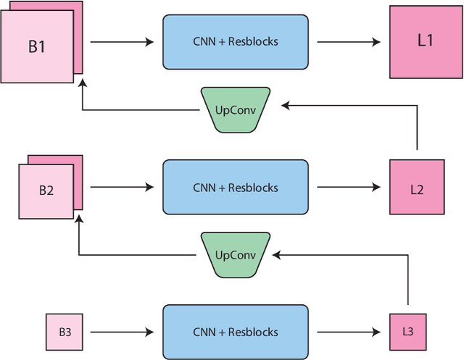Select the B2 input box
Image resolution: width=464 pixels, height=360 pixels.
tap(46, 191)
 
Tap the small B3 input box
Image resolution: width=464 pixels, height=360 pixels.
tap(65, 332)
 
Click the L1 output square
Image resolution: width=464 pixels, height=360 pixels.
tap(425, 41)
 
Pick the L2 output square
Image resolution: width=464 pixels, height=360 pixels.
tap(416, 188)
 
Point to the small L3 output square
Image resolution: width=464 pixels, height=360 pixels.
tap(407, 331)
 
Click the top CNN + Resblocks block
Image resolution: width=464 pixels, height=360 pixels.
tap(235, 42)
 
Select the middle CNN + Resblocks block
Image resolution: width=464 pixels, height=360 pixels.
tap(235, 188)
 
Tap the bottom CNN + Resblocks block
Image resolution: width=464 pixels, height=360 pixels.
tap(235, 332)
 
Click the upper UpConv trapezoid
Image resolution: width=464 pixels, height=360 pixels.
tap(234, 110)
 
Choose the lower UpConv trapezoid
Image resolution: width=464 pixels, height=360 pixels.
tap(234, 255)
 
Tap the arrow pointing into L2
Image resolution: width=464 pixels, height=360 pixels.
tap(349, 188)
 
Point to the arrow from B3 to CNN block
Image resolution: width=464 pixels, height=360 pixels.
tap(122, 332)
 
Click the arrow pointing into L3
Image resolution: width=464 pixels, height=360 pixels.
tap(349, 332)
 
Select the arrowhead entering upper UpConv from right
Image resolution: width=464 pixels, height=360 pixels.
tap(286, 106)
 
